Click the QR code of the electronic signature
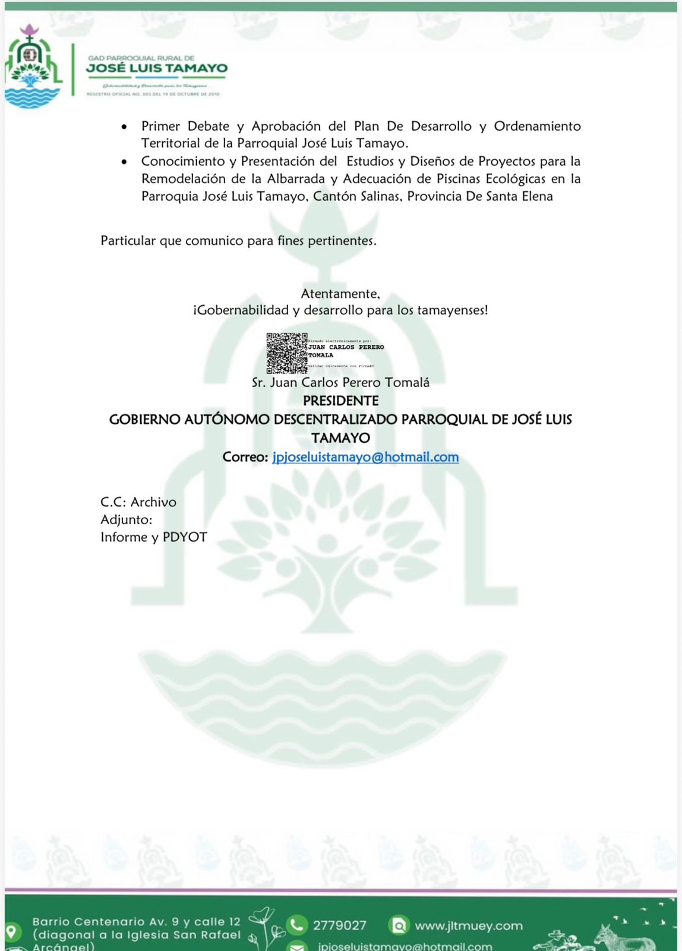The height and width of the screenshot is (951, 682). coord(286,353)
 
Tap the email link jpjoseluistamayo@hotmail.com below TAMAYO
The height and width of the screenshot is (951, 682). coord(365,457)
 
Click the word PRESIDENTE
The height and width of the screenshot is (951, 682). coord(341,401)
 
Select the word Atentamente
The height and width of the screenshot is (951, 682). coord(340,294)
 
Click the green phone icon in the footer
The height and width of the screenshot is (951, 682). coord(295,925)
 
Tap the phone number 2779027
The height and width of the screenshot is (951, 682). coord(340,925)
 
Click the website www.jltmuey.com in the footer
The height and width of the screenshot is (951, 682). coord(469,925)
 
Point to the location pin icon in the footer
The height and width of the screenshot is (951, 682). coord(11,930)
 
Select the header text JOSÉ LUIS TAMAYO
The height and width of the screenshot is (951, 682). coord(157,68)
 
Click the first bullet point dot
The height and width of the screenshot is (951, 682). coord(124,127)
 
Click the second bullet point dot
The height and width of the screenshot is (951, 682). coord(124,162)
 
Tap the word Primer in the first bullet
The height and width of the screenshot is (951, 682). coord(160,126)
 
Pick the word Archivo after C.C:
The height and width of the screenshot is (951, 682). coord(153,502)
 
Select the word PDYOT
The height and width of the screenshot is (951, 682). coord(185,537)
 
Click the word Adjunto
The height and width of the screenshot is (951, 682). coord(126,519)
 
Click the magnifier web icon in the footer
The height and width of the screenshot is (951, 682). coord(399,925)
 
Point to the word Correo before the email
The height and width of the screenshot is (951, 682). coord(245,457)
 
